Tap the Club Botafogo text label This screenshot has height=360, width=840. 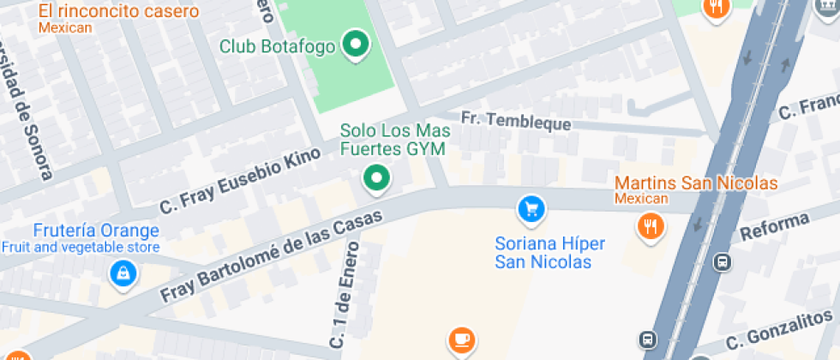click(x=277, y=46)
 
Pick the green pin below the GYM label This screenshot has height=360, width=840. click(x=375, y=177)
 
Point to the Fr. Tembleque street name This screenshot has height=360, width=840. click(x=516, y=121)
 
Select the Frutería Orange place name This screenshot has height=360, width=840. click(x=96, y=231)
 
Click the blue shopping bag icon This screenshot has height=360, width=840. click(x=124, y=274)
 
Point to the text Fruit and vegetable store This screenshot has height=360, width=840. click(x=80, y=248)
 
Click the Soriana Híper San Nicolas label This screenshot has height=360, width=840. click(x=549, y=253)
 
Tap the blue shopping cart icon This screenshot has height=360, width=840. click(x=531, y=207)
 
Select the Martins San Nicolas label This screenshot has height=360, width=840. click(x=696, y=183)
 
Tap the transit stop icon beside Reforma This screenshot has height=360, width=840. click(x=723, y=261)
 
